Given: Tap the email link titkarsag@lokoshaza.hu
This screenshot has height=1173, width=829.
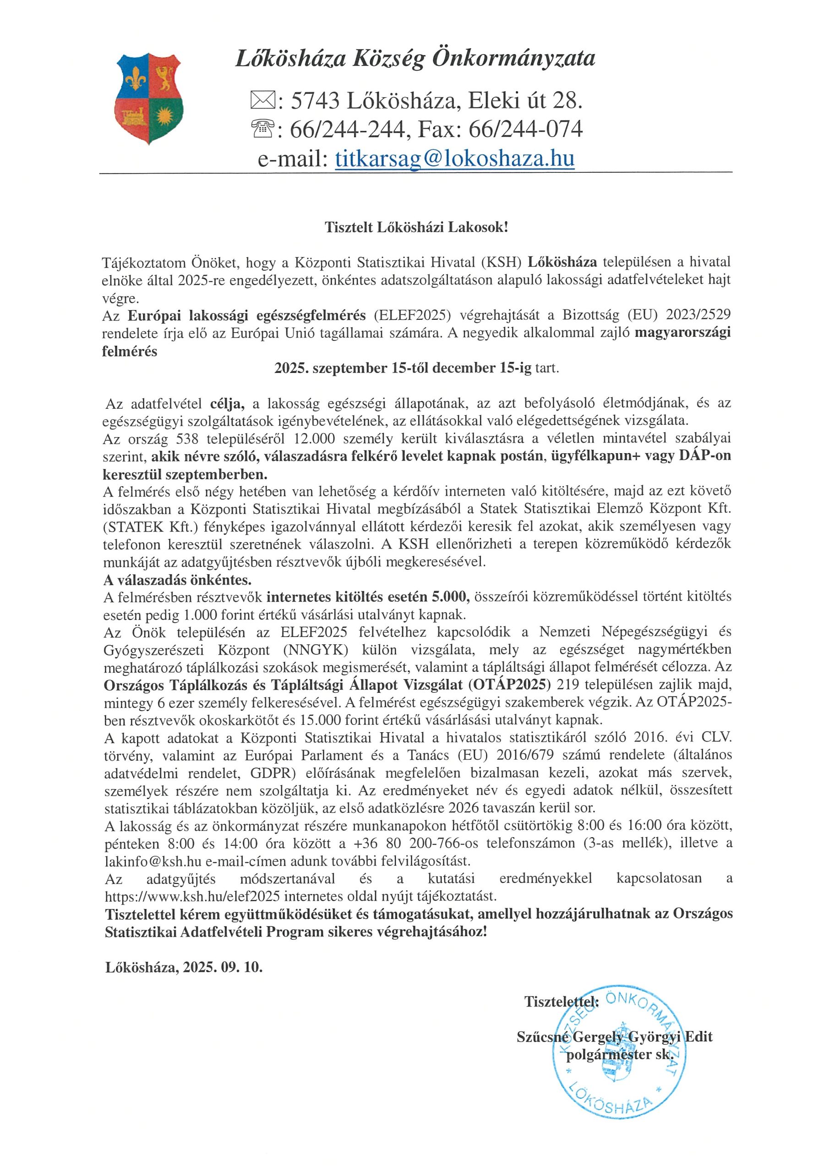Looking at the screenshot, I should click(x=455, y=159).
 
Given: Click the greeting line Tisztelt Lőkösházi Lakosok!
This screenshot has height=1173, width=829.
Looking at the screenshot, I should click(x=417, y=227).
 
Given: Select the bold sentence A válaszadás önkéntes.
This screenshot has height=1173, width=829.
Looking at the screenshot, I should click(x=178, y=580).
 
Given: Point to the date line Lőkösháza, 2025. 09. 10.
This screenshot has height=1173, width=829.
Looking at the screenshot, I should click(x=184, y=967).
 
